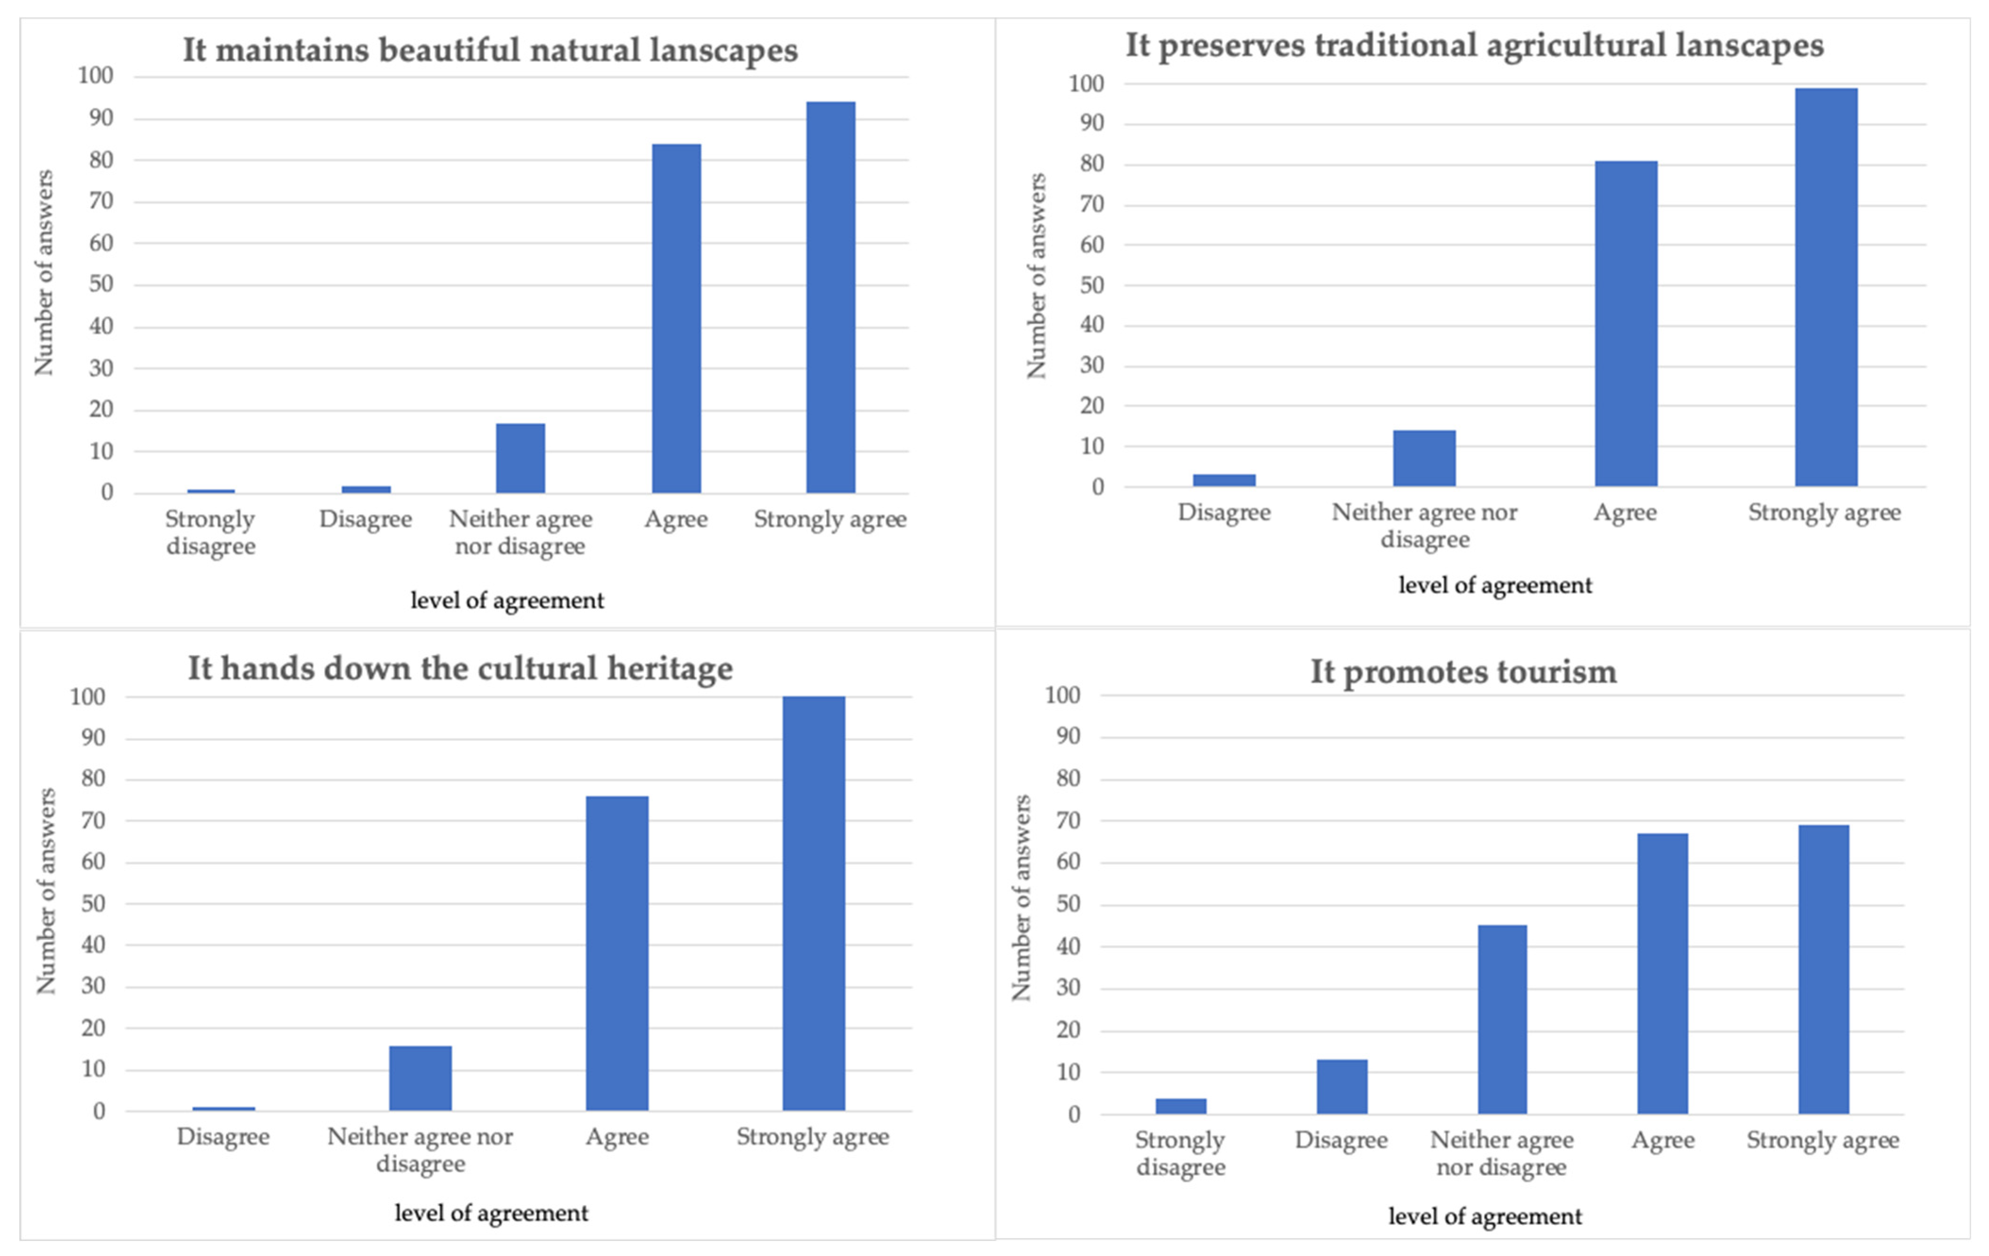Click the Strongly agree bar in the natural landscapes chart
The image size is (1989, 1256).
coord(830,297)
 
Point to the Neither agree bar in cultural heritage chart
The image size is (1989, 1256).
coord(420,1078)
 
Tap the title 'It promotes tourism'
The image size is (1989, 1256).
coord(1463,672)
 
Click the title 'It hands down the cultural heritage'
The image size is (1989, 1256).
coord(460,669)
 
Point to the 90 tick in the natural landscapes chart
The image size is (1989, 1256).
coord(101,118)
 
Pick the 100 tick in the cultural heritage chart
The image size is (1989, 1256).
coord(88,696)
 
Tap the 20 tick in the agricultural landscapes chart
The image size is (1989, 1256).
coord(1091,406)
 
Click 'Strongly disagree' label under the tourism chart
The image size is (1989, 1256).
coord(1180,1153)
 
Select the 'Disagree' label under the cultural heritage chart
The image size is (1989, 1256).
coord(223,1137)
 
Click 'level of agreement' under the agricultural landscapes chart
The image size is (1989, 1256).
coord(1494,585)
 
